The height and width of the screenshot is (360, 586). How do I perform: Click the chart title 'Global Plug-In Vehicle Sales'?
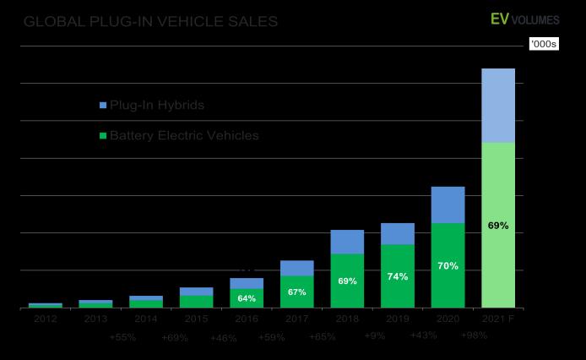pyautogui.click(x=151, y=21)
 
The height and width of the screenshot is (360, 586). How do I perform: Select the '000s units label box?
pyautogui.click(x=544, y=44)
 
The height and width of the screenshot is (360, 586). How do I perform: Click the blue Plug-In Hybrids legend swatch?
pyautogui.click(x=103, y=106)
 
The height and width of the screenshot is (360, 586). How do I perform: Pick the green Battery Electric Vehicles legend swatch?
pyautogui.click(x=103, y=135)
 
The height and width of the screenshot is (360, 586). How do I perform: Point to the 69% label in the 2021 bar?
pyautogui.click(x=498, y=226)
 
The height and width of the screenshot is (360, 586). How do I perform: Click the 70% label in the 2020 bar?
pyautogui.click(x=448, y=265)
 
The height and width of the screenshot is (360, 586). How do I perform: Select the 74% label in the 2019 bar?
pyautogui.click(x=398, y=276)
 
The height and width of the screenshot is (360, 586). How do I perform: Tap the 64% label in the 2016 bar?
pyautogui.click(x=247, y=298)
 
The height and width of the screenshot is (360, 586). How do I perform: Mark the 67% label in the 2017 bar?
pyautogui.click(x=296, y=292)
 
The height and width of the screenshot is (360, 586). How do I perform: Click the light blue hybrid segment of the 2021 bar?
pyautogui.click(x=498, y=106)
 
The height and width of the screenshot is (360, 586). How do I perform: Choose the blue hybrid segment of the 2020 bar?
pyautogui.click(x=448, y=205)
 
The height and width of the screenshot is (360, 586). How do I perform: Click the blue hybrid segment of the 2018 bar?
pyautogui.click(x=347, y=242)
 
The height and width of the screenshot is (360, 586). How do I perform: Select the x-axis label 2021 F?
pyautogui.click(x=498, y=319)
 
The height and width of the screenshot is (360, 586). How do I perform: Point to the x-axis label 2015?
pyautogui.click(x=196, y=319)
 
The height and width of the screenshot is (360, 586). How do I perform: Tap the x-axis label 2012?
pyautogui.click(x=45, y=319)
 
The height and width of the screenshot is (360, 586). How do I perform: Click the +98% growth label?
pyautogui.click(x=475, y=336)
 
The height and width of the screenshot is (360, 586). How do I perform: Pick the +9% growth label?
pyautogui.click(x=373, y=336)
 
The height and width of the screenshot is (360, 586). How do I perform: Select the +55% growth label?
pyautogui.click(x=122, y=337)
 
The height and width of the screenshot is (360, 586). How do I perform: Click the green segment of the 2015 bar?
pyautogui.click(x=196, y=301)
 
